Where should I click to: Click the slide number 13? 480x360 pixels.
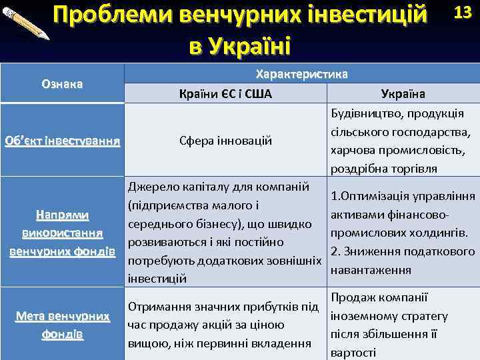462,13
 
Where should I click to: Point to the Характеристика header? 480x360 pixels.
301,75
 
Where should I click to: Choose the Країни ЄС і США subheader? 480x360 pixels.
225,93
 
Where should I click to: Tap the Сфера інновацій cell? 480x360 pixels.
225,141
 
